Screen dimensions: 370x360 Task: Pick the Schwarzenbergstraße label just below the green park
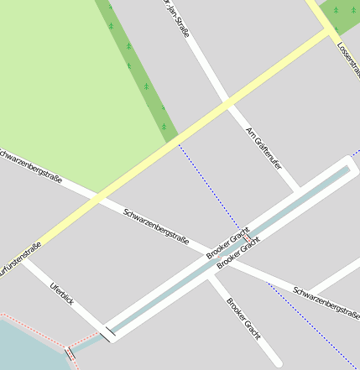32,168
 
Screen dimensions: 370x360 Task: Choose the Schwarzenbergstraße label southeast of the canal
326,301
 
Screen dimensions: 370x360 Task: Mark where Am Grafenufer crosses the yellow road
227,103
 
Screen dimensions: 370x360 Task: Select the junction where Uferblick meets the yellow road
25,258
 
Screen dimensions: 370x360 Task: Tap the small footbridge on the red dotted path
69,353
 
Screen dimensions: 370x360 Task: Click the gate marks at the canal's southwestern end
107,334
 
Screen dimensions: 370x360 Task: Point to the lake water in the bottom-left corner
25,348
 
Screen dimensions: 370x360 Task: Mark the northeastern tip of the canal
347,168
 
